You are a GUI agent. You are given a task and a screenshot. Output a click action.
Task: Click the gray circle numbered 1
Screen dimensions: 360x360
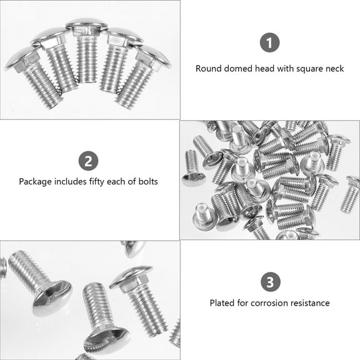(x=269, y=44)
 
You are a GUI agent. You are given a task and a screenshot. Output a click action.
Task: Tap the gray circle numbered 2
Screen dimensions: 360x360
(x=88, y=161)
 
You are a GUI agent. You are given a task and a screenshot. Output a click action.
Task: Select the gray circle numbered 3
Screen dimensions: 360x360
(x=269, y=282)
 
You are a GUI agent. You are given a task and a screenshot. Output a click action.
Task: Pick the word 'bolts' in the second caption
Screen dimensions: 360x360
(x=147, y=182)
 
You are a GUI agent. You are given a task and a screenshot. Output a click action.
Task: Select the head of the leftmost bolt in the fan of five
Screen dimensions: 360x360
(x=19, y=59)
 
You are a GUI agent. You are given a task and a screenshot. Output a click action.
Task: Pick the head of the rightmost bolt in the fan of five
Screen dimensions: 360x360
(x=154, y=57)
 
